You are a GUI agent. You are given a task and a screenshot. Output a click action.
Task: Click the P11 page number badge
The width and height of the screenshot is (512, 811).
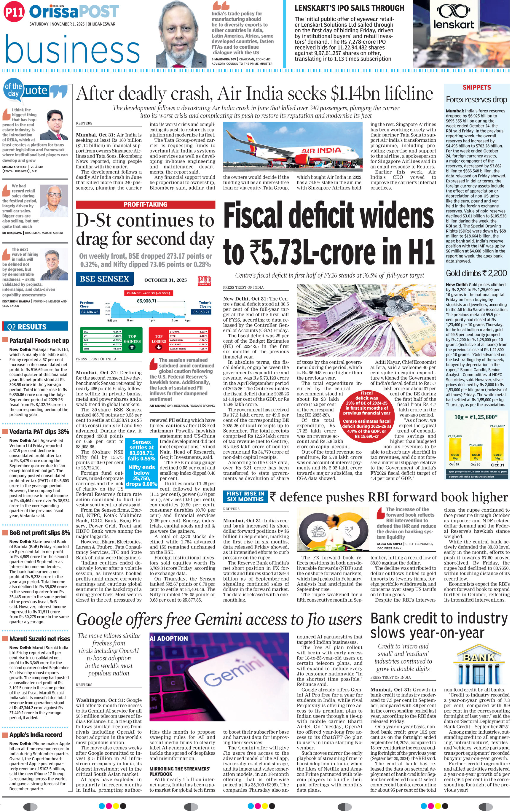point(15,13)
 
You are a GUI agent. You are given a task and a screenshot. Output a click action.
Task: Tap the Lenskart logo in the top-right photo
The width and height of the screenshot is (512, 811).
point(453,18)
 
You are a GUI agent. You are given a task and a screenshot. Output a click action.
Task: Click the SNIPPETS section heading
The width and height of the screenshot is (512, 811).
point(476,88)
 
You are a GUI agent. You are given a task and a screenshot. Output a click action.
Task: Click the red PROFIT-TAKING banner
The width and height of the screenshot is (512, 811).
point(146,204)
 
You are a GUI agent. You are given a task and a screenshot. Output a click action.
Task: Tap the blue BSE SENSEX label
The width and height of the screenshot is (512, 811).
point(104,279)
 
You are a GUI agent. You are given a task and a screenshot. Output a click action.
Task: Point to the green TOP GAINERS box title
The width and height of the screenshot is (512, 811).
point(132,339)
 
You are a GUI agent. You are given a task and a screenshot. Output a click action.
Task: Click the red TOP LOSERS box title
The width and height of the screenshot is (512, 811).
point(159,339)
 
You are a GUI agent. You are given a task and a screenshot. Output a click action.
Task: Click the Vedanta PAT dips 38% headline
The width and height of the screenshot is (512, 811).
point(39,431)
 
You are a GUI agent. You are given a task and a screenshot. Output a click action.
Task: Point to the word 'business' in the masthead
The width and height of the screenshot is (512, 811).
point(72,50)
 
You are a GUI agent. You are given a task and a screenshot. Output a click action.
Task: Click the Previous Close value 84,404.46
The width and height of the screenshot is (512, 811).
point(90,312)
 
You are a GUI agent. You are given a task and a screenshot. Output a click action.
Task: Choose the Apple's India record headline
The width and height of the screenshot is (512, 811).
point(36,734)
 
